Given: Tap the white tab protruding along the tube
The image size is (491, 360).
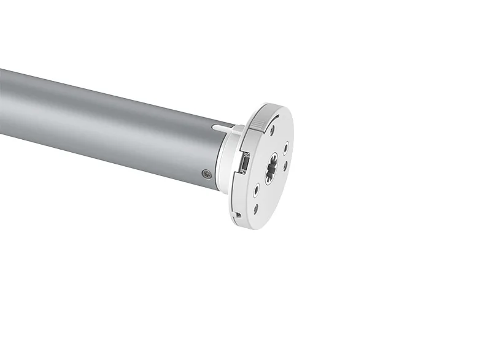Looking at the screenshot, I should point(224,128).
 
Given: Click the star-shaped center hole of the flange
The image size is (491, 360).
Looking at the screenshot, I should point(271,167).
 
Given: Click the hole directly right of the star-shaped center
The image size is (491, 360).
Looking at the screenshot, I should point(285,165).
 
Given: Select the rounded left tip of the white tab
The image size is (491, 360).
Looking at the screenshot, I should point(214,128).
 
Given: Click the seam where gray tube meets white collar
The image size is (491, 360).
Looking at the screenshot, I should point(219,156).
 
